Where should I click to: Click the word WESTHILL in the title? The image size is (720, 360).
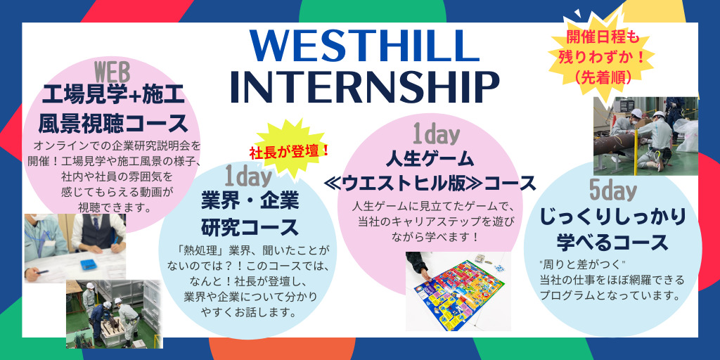pos(365,46)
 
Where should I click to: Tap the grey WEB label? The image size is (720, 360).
pos(112,72)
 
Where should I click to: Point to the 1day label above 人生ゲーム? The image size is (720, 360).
pos(436,135)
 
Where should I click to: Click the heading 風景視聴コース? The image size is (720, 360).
pos(113,123)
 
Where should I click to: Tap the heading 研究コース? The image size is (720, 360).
pos(250,227)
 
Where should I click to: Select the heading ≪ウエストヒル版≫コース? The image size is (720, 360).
pos(430,184)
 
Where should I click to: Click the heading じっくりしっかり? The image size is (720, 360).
pos(612,217)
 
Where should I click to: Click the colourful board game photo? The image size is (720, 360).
pos(458,290)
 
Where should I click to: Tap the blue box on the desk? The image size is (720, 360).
pos(90,264)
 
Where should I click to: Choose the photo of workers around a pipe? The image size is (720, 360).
pos(645,136)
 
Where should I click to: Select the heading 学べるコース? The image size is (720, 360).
pos(612,242)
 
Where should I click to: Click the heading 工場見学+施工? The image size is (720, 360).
pos(113,97)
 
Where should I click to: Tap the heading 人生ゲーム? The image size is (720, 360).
pos(430,160)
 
